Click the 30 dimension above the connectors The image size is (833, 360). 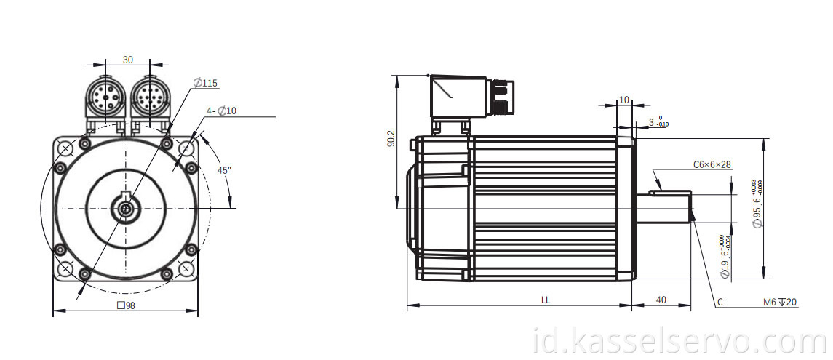(x=127, y=60)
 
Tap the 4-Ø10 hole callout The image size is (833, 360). (x=221, y=111)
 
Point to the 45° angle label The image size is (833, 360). (x=225, y=169)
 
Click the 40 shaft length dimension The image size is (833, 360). (x=661, y=300)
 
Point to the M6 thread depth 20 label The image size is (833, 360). (x=779, y=302)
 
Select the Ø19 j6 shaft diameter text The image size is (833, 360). (x=724, y=257)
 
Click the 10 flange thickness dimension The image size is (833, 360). (x=623, y=100)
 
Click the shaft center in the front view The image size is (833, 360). (x=126, y=209)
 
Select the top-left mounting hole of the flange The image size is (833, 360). (x=65, y=149)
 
